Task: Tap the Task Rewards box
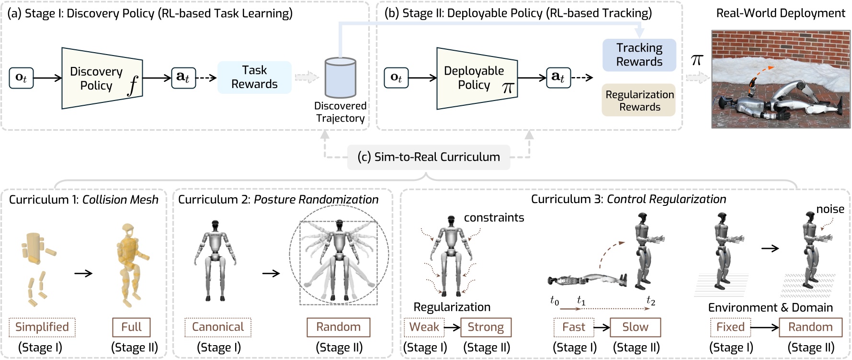254,77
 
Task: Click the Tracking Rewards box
639,55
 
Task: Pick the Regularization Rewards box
639,101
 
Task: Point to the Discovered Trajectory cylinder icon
340,78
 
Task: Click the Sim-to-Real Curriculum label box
428,157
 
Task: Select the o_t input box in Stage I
21,78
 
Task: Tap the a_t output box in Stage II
558,78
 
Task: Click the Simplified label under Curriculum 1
42,327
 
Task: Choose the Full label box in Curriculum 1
131,327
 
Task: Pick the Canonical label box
218,327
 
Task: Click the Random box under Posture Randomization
338,327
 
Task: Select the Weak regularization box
424,327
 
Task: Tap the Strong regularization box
486,327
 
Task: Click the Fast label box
573,327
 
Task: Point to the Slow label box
635,327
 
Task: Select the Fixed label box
730,327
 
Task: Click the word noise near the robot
830,209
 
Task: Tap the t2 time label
650,301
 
